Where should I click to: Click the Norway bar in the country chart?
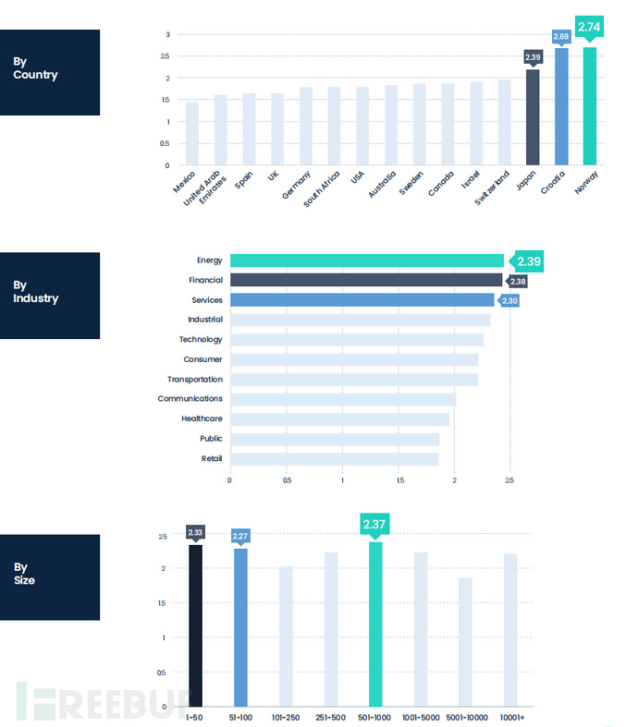coord(589,106)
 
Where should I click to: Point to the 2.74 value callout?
coord(589,29)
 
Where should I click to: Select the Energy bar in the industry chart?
coord(366,261)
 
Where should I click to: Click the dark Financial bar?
coord(365,280)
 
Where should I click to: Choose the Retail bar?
coord(334,458)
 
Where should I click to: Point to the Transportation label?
coord(195,379)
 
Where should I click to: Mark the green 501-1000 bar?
coord(375,624)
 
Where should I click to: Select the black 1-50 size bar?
coord(195,625)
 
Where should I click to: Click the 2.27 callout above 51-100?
coord(240,536)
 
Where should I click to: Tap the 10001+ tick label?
coord(510,717)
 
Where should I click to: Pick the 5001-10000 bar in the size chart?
coord(465,642)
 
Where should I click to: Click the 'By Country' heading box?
coord(50,72)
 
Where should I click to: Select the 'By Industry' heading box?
coord(50,296)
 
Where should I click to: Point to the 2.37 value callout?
coord(374,525)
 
